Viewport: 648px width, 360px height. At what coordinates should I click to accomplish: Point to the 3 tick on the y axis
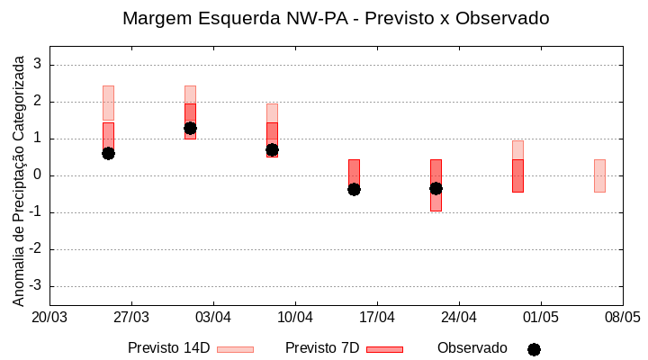tap(38, 65)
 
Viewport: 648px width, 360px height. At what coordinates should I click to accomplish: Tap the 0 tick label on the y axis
tap(38, 175)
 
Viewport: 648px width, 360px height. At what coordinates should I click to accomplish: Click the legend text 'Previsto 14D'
tap(168, 348)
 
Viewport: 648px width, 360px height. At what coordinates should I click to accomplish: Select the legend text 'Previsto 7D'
tap(322, 348)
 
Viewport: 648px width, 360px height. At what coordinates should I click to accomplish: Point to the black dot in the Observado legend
tap(534, 349)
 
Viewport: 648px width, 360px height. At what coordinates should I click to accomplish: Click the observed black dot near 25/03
tap(108, 153)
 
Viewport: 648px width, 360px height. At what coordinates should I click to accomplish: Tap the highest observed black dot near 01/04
tap(190, 128)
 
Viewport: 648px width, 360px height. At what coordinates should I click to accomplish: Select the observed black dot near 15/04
tap(354, 189)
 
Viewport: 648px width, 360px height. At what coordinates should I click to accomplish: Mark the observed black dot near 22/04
tap(436, 188)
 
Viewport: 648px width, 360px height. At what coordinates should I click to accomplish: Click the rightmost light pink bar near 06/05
tap(599, 175)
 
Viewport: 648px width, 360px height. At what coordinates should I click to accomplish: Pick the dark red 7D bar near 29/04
tap(517, 175)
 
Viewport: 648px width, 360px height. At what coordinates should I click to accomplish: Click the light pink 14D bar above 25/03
tap(108, 103)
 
